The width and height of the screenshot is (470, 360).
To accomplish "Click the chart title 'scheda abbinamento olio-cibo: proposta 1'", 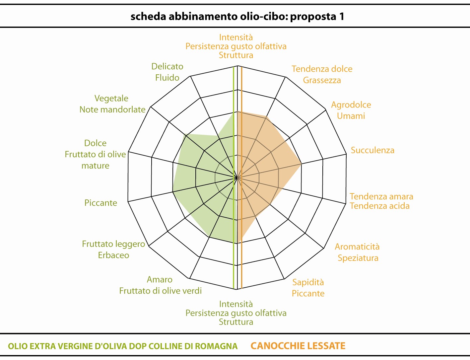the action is point(237,17).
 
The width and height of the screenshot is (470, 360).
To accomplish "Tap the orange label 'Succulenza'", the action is point(372,150).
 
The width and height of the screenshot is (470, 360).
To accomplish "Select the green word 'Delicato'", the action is point(167,66).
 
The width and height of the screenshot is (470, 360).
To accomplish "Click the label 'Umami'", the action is point(351,116).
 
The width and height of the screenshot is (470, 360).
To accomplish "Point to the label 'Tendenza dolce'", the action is point(322,69).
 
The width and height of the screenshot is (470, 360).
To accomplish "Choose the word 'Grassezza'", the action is point(322,80).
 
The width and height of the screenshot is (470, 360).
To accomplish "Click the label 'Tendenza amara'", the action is point(381,196).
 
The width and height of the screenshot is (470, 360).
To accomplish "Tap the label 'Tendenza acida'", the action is point(379,206).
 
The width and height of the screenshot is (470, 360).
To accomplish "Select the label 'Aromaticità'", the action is point(357,247).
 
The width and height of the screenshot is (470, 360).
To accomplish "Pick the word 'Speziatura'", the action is point(358,258).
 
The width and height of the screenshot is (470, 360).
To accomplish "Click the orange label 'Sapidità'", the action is point(308,282).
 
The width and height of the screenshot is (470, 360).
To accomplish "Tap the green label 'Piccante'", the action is point(101,203).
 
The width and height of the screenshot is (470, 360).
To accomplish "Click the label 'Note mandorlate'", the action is point(112,109).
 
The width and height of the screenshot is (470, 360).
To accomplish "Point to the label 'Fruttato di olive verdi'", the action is point(160,291).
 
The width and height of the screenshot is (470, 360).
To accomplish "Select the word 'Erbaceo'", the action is point(113,255).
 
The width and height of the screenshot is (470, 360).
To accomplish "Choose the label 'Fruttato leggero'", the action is point(113,244).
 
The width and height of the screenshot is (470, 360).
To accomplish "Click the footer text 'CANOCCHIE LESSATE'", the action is point(298,346).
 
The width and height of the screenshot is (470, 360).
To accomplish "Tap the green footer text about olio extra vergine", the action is point(123,346).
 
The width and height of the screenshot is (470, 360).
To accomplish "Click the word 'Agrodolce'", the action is point(351,105).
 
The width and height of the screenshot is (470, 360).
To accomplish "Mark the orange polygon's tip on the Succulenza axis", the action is point(301,164).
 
